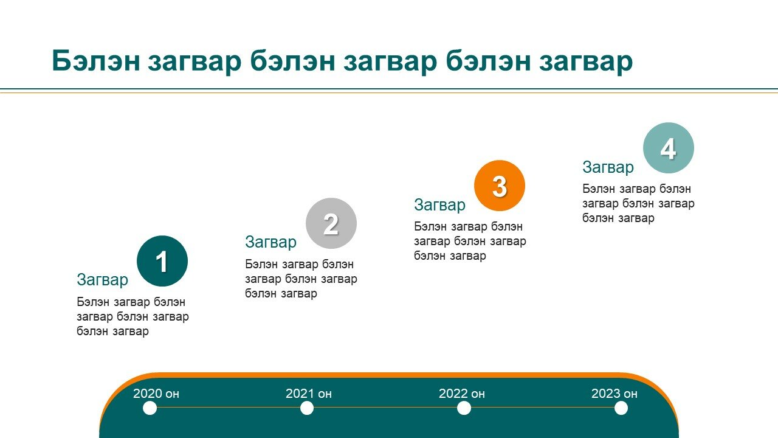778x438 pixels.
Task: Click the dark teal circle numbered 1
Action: (162, 261)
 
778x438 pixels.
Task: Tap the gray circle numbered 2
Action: (331, 223)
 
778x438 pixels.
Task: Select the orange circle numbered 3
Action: (500, 186)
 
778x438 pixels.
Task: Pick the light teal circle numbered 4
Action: (669, 148)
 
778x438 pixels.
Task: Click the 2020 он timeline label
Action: (156, 394)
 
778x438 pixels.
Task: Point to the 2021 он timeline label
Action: (309, 394)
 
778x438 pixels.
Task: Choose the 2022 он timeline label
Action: (461, 394)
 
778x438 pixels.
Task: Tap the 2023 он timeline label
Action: (614, 394)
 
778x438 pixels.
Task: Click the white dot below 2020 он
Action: (150, 408)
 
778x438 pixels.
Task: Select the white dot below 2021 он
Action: (307, 408)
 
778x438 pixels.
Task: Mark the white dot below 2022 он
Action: (464, 408)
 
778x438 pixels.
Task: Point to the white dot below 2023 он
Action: (621, 408)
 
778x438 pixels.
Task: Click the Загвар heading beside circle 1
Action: (103, 280)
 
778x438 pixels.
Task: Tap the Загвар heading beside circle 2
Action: (271, 242)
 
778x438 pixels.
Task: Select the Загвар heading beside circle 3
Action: (439, 205)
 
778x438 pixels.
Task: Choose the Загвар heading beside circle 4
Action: (608, 167)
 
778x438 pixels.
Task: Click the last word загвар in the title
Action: (586, 63)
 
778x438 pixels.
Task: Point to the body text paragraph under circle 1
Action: (133, 317)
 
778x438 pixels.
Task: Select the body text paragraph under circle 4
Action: (638, 204)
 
